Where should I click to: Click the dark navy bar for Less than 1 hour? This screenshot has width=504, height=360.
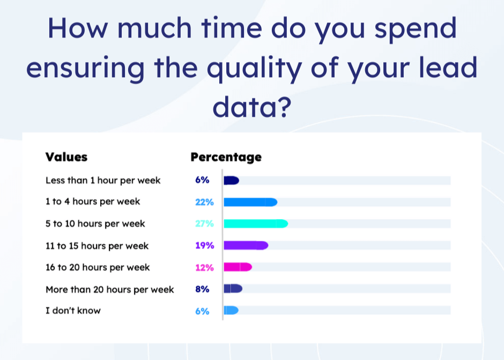coord(232,181)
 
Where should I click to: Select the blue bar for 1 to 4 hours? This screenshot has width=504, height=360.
coord(250,202)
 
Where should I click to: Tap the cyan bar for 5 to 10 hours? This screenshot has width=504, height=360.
coord(256,223)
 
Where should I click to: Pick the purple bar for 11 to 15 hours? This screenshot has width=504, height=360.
coord(246,245)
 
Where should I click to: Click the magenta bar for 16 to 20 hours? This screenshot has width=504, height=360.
coord(238,267)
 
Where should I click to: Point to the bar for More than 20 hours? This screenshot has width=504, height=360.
coord(233,289)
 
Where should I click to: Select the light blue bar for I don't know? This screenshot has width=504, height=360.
coord(231,310)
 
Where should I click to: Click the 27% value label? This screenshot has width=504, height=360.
coord(204,223)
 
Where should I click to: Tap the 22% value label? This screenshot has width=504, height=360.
coord(204,202)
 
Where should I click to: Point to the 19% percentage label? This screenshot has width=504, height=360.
coord(205,245)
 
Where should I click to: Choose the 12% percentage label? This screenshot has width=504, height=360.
coord(204,267)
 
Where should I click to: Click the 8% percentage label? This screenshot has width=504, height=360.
coord(202,289)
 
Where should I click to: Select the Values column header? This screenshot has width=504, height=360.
coord(66,157)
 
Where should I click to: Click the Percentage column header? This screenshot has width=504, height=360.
coord(226,157)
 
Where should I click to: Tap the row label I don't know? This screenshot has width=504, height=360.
coord(73,311)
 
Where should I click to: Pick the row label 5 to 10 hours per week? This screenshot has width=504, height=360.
coord(95,223)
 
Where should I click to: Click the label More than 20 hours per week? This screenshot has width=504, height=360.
coord(109,290)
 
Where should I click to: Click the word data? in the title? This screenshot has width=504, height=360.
coord(252,107)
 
